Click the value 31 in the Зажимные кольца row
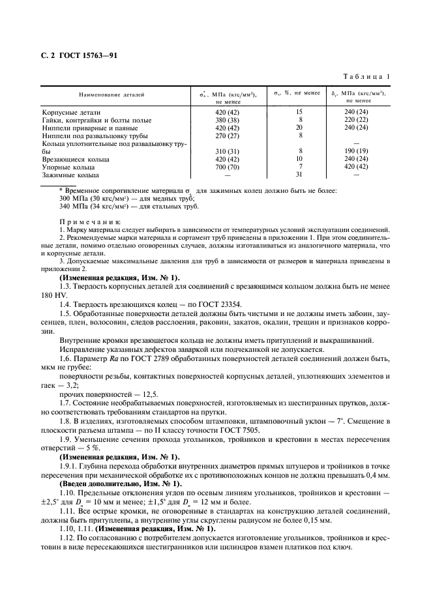[x=299, y=175]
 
